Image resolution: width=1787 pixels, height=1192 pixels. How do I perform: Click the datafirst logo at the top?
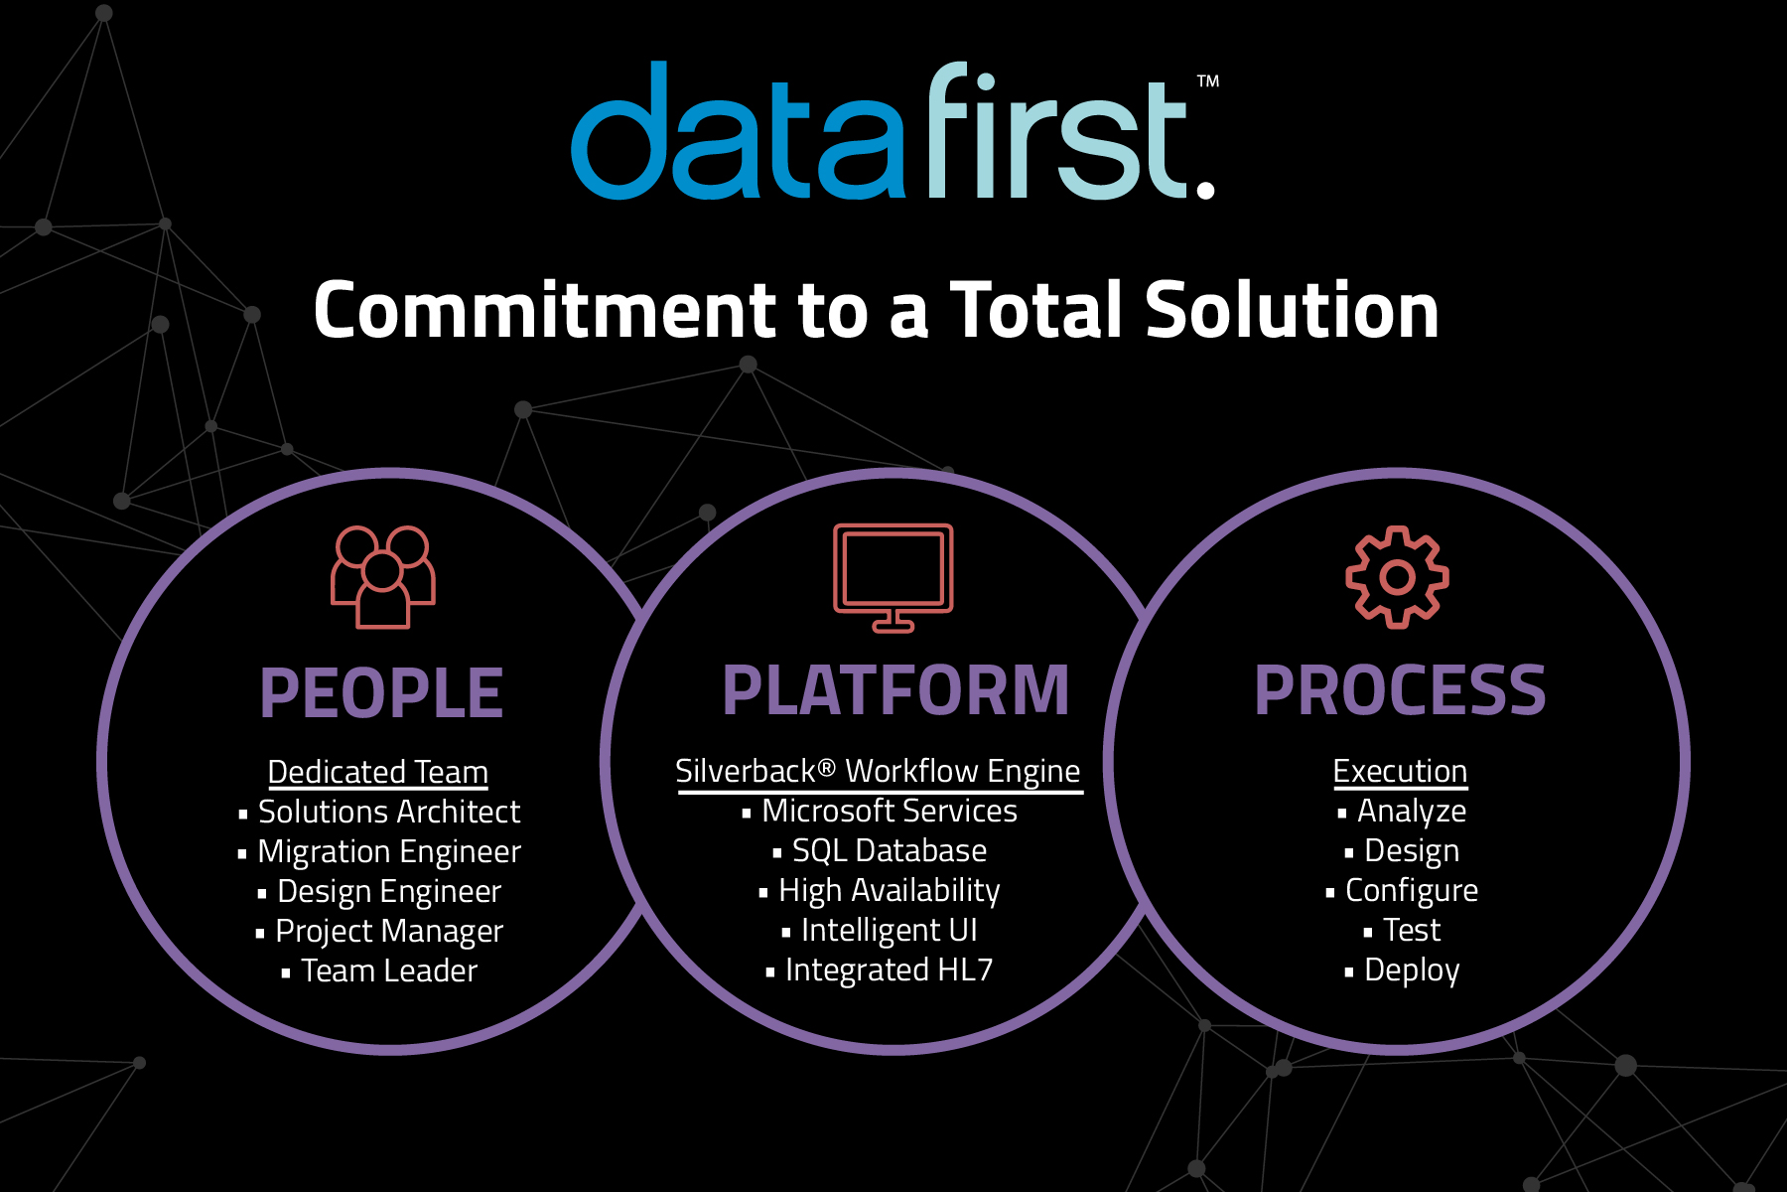[893, 131]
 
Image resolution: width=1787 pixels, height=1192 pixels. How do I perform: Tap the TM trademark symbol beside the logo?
[1207, 81]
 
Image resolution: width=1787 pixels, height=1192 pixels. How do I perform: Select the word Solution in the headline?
[1293, 310]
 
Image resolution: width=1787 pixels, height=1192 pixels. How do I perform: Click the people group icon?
[383, 577]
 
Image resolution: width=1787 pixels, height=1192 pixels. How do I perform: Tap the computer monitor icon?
[893, 577]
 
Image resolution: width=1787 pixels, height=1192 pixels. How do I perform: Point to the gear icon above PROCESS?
[1398, 577]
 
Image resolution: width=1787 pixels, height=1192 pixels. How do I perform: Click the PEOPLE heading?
[382, 692]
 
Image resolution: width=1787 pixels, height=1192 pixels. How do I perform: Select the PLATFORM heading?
[895, 690]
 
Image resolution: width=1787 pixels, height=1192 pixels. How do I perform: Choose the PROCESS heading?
[1400, 690]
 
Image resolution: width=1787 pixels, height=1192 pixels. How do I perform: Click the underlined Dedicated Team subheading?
[378, 772]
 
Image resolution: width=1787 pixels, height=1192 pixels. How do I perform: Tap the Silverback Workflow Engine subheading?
[879, 772]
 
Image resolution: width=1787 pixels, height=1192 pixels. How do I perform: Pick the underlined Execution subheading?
[1400, 772]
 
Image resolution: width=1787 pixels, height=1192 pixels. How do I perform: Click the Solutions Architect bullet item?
[380, 812]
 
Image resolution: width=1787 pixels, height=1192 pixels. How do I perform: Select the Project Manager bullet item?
[380, 932]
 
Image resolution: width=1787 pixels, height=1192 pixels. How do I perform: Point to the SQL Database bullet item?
[881, 850]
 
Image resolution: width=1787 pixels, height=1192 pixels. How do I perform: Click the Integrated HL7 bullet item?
[880, 969]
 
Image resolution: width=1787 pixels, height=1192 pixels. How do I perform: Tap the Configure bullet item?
[1403, 891]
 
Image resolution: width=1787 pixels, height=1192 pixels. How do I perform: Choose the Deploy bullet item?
[1403, 970]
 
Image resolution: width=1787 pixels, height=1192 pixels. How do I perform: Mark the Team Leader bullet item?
[380, 970]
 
